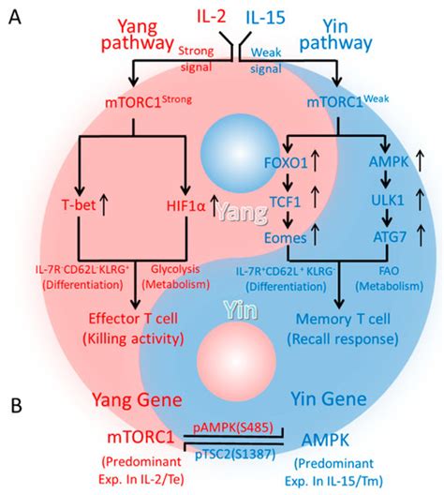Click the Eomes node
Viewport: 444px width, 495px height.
289,236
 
